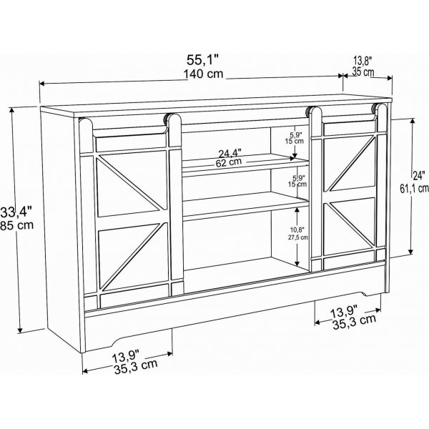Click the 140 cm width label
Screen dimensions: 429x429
[203, 74]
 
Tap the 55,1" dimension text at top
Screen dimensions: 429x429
[203, 60]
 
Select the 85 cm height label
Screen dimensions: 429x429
[17, 225]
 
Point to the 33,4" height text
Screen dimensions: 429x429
[16, 212]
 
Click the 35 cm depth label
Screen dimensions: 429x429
[363, 71]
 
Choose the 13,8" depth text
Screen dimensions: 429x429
[363, 61]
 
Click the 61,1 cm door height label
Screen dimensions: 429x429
[414, 188]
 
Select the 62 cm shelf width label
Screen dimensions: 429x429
[229, 162]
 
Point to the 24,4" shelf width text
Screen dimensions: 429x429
[230, 153]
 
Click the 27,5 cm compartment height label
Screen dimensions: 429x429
[298, 237]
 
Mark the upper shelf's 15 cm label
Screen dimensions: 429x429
[295, 141]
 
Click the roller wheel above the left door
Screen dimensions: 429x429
[166, 120]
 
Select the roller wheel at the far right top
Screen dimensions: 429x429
[373, 109]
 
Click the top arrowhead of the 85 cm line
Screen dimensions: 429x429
[11, 110]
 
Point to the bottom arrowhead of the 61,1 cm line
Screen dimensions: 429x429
[410, 252]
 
